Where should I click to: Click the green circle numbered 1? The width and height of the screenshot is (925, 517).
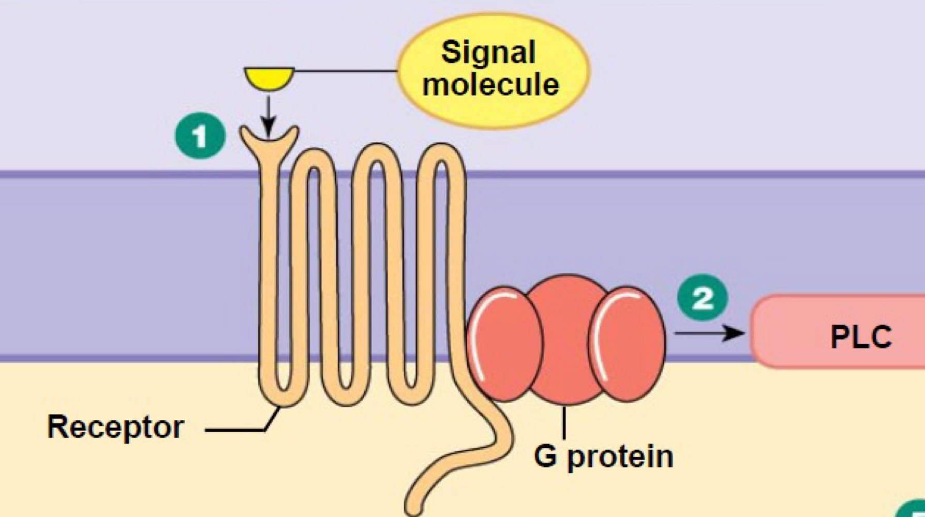[x=200, y=135]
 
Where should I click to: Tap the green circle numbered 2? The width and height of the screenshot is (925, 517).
[x=703, y=297]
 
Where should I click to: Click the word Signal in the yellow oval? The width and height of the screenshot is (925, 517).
[x=488, y=52]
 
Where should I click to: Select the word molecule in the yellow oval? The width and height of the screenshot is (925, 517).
[x=490, y=84]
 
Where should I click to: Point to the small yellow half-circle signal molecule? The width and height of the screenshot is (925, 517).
[x=269, y=78]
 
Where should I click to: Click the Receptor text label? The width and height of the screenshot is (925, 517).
[x=115, y=427]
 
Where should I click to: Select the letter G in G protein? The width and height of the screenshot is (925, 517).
[x=545, y=455]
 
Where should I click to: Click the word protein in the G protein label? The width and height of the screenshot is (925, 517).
[x=620, y=457]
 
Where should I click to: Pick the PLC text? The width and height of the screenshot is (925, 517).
[x=861, y=337]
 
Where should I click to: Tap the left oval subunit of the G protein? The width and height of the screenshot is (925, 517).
[x=504, y=344]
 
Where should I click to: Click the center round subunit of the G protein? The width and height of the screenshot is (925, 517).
[x=567, y=339]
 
